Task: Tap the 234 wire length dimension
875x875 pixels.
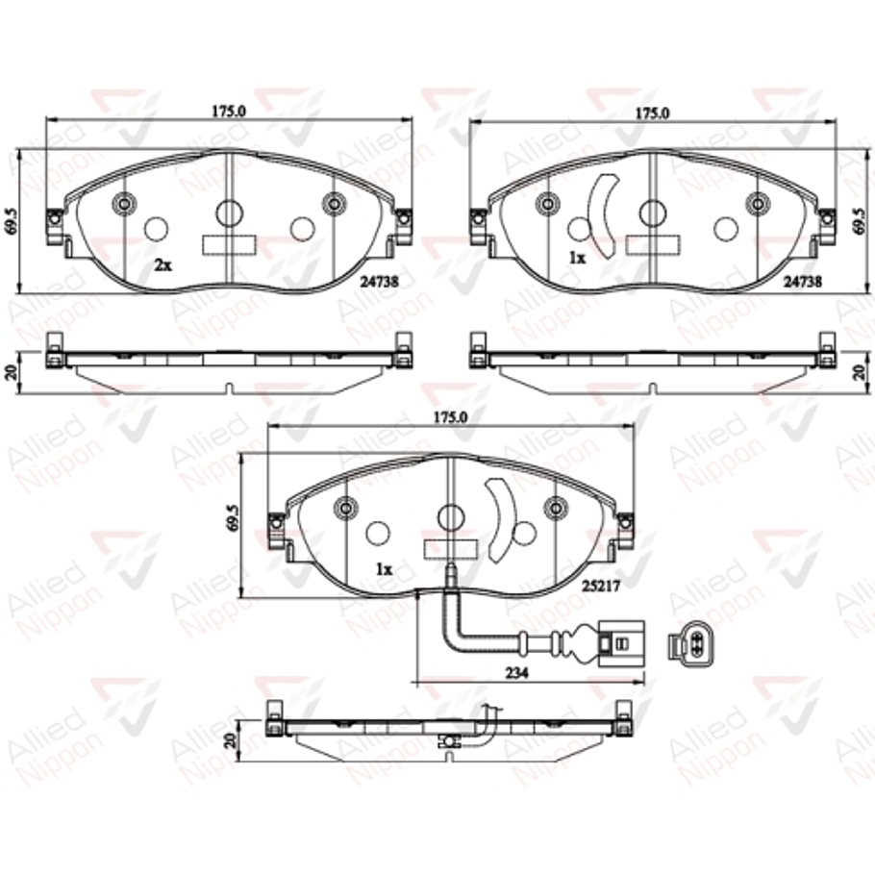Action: point(516,674)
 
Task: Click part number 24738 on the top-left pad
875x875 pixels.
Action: point(380,283)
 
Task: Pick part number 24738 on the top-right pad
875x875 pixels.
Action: point(802,283)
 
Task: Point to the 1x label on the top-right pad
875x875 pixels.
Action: point(577,258)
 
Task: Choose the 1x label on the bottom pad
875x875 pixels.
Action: point(384,569)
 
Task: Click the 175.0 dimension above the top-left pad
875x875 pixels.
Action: point(229,111)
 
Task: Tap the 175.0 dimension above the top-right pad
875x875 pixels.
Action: point(653,112)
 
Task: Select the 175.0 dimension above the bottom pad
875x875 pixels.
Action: point(449,418)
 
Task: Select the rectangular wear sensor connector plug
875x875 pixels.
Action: point(619,643)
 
